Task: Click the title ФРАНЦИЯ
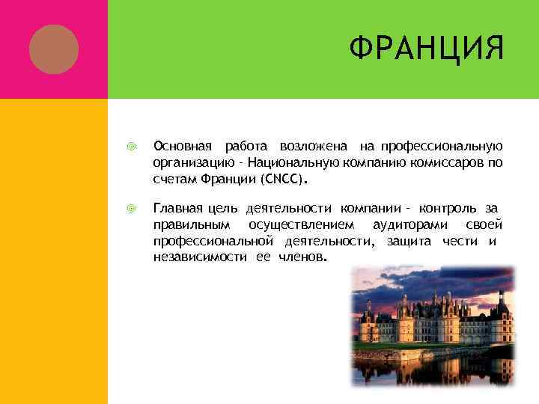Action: pos(426,50)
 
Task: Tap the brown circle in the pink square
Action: pos(53,49)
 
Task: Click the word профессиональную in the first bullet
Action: pos(441,144)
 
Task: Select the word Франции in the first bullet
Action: pos(229,180)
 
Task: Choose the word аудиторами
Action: pos(409,224)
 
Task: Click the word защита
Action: pos(411,241)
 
